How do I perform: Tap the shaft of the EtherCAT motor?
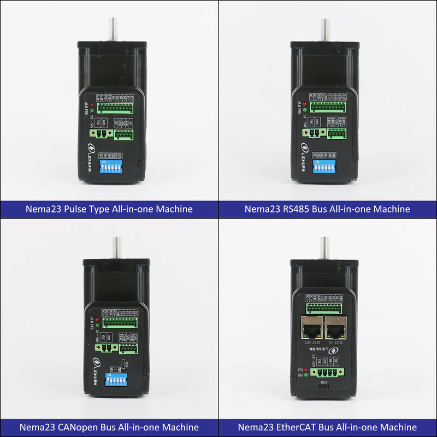click(324, 248)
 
